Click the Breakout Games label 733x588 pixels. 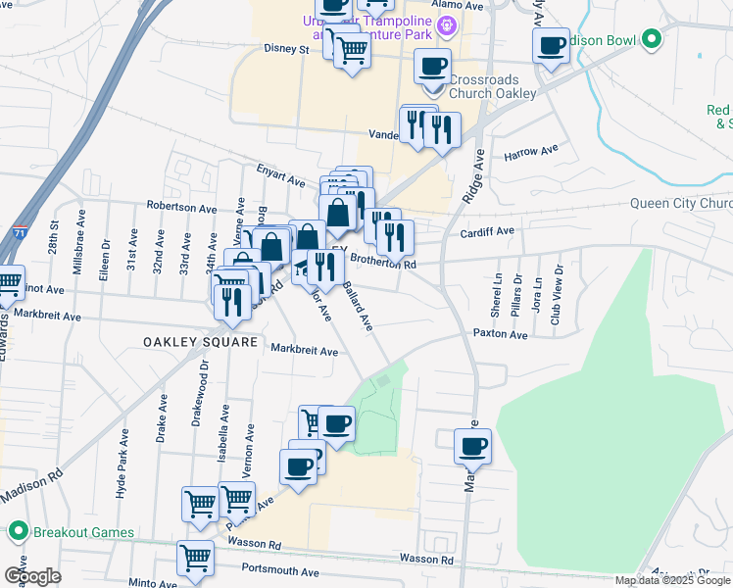coord(76,532)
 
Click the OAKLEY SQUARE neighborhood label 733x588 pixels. coord(200,342)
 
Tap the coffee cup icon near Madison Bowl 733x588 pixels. coord(552,45)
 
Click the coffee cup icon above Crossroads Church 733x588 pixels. coord(432,67)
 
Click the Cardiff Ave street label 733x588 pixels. coord(487,232)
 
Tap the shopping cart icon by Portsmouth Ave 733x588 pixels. coord(196,558)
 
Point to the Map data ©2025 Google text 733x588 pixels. coord(671,580)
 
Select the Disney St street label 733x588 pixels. coord(286,48)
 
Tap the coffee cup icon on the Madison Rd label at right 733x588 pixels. coord(472,446)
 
